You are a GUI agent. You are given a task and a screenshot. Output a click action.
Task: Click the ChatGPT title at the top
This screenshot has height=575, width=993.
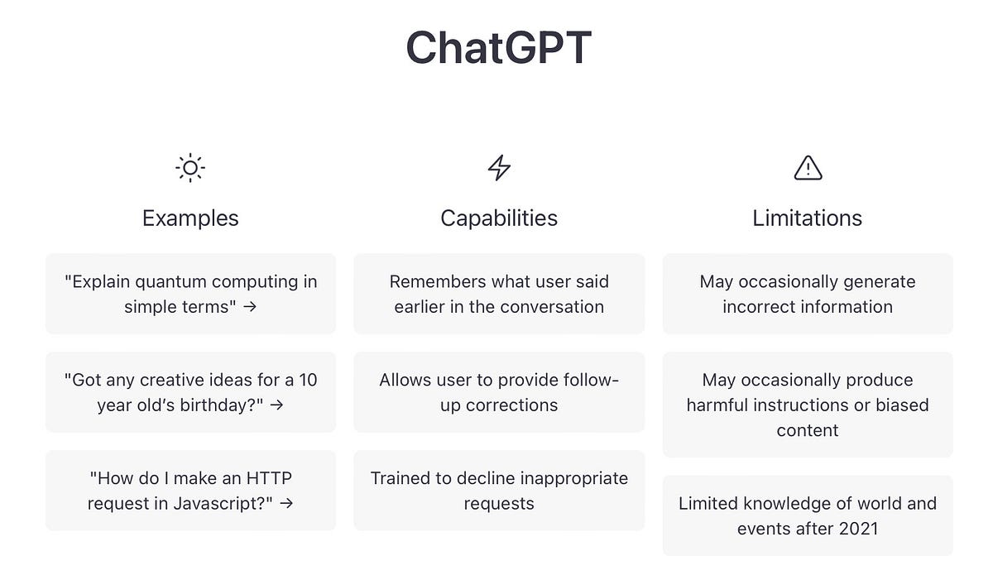[498, 48]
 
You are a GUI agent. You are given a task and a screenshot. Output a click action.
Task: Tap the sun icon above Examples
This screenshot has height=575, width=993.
[190, 168]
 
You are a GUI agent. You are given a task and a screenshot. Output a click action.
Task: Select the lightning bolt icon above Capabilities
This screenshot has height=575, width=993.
[499, 168]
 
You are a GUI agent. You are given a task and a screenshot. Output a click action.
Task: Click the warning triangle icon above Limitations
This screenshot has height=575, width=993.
[808, 168]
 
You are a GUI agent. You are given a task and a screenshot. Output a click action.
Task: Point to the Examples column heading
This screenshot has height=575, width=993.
[190, 218]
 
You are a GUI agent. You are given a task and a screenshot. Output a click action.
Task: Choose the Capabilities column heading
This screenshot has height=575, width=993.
[499, 218]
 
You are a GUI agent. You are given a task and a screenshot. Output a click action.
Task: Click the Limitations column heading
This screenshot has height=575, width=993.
[808, 218]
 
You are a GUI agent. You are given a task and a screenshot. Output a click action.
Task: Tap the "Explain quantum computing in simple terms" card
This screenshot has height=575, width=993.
[190, 294]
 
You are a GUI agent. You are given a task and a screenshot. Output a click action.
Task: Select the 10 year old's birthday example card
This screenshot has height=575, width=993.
[190, 392]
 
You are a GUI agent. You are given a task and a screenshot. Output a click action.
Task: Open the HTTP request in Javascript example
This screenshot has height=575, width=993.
[190, 491]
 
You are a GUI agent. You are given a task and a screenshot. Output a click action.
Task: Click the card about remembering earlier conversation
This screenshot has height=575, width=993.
[499, 294]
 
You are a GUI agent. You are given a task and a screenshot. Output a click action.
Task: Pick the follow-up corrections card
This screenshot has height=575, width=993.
[499, 392]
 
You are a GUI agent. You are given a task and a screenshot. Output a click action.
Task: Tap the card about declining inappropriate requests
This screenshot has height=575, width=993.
[499, 491]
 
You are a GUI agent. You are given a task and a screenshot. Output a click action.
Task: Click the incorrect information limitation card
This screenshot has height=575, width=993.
[808, 294]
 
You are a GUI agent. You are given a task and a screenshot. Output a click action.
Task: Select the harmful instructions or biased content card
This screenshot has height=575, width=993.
[808, 405]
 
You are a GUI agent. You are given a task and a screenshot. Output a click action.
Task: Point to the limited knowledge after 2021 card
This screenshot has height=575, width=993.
[808, 515]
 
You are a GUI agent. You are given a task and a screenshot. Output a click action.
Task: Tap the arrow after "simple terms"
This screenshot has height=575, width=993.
[250, 307]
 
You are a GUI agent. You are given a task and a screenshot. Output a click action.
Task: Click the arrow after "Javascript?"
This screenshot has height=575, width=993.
[286, 503]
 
